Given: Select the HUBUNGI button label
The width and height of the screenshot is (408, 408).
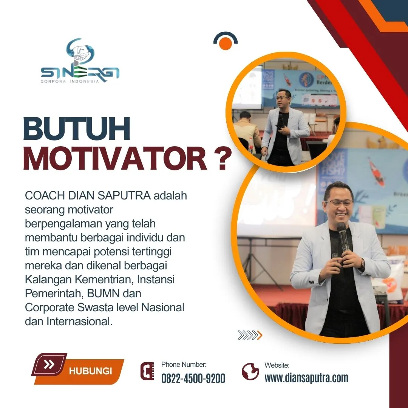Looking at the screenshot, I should (x=90, y=371).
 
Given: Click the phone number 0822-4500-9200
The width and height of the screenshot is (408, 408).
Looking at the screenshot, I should (x=193, y=378).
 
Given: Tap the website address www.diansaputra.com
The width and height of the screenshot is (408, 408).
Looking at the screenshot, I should (x=306, y=378).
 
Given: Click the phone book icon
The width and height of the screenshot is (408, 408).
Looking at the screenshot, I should (x=147, y=371).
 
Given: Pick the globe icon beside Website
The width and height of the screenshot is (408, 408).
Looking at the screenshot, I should (x=250, y=371).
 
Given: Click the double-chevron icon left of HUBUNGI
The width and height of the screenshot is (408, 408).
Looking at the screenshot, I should (x=49, y=365).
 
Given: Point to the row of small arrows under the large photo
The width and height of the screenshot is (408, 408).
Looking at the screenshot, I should (x=250, y=335).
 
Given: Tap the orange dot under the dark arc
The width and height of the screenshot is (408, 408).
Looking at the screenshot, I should (x=225, y=44).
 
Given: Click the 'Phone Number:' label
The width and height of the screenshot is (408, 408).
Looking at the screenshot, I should (x=184, y=365).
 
